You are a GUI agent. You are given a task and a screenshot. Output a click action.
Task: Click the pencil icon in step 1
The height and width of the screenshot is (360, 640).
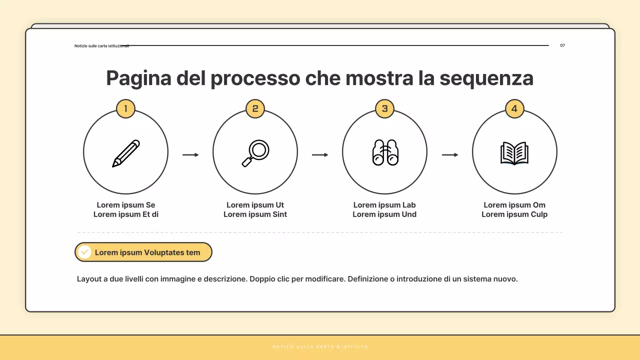125,153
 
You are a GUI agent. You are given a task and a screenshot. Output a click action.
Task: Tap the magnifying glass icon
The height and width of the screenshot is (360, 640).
255,153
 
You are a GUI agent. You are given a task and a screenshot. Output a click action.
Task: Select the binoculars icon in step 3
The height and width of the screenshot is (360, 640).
384,152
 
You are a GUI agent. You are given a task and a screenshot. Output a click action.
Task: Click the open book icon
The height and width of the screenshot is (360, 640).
514,153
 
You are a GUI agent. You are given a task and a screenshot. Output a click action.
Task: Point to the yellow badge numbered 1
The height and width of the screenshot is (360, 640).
125,108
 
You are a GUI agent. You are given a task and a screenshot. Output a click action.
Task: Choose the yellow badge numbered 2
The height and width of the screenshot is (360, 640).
255,108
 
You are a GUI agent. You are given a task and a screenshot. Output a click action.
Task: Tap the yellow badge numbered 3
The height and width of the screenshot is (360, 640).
384,108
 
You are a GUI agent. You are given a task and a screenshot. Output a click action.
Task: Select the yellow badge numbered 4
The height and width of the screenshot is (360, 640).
514,108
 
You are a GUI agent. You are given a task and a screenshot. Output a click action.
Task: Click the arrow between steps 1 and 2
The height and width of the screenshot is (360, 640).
190,155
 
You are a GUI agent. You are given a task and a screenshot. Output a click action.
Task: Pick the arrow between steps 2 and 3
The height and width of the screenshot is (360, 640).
320,155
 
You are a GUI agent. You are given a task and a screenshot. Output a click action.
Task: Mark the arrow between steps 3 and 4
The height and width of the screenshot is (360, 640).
450,155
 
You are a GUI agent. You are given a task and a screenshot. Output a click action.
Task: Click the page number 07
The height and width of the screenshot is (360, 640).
562,45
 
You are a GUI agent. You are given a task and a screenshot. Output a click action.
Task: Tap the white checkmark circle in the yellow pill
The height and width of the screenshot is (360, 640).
85,252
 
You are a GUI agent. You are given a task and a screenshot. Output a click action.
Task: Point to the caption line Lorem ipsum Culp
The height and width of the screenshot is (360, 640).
514,214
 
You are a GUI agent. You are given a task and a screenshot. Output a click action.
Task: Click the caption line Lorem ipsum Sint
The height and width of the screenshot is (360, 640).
255,214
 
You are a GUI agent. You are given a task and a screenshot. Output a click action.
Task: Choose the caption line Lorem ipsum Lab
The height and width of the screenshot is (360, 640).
384,205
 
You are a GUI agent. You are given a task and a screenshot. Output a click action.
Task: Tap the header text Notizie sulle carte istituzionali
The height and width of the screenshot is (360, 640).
101,46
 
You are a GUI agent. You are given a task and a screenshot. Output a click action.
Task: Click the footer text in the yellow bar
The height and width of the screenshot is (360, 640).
320,347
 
